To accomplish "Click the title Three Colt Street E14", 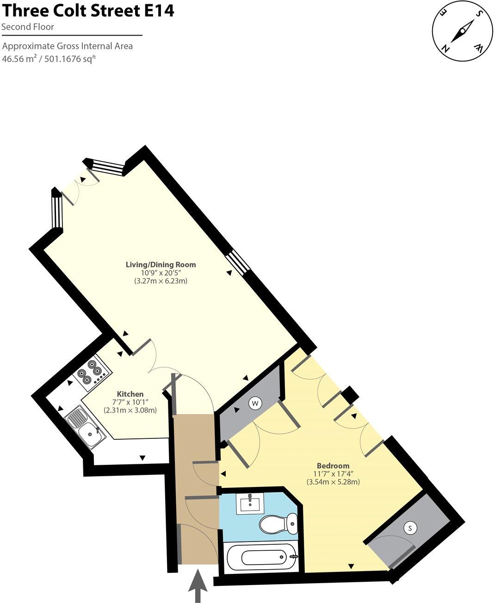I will coord(88,10).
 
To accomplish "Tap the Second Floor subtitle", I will coord(28,27).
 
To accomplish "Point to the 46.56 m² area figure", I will coord(20,59).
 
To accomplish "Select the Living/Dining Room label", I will coord(161,265).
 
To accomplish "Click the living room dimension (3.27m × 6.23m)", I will coord(161,281).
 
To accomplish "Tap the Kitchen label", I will coord(130,394).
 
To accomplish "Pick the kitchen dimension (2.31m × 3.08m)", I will coord(130,410).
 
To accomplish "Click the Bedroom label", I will coord(333,465).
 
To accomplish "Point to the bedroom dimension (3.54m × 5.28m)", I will coord(333,481).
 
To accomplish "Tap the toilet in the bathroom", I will coord(278,524).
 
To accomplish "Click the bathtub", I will coord(261,557).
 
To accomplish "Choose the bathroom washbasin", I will coord(250,503).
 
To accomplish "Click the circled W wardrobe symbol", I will coord(254,403).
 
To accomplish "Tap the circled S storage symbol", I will coord(409,528).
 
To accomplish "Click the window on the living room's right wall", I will coord(239,262).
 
